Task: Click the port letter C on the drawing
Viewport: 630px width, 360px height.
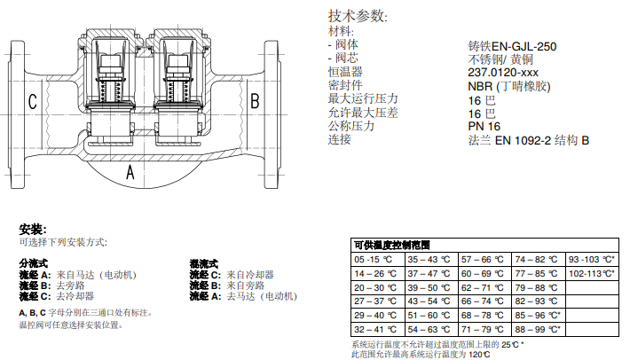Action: click(32, 101)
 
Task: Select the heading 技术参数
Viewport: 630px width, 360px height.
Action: click(358, 16)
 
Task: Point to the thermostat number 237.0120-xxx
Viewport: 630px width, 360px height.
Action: click(505, 73)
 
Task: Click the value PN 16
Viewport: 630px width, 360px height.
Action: click(484, 127)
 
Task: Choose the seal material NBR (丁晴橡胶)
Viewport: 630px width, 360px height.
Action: click(509, 86)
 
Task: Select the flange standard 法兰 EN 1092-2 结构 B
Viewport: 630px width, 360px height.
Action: click(529, 140)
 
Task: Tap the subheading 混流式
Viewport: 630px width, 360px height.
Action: click(203, 264)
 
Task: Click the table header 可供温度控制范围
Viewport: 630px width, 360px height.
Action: click(391, 244)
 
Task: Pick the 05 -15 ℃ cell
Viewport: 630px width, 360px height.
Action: click(374, 260)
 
